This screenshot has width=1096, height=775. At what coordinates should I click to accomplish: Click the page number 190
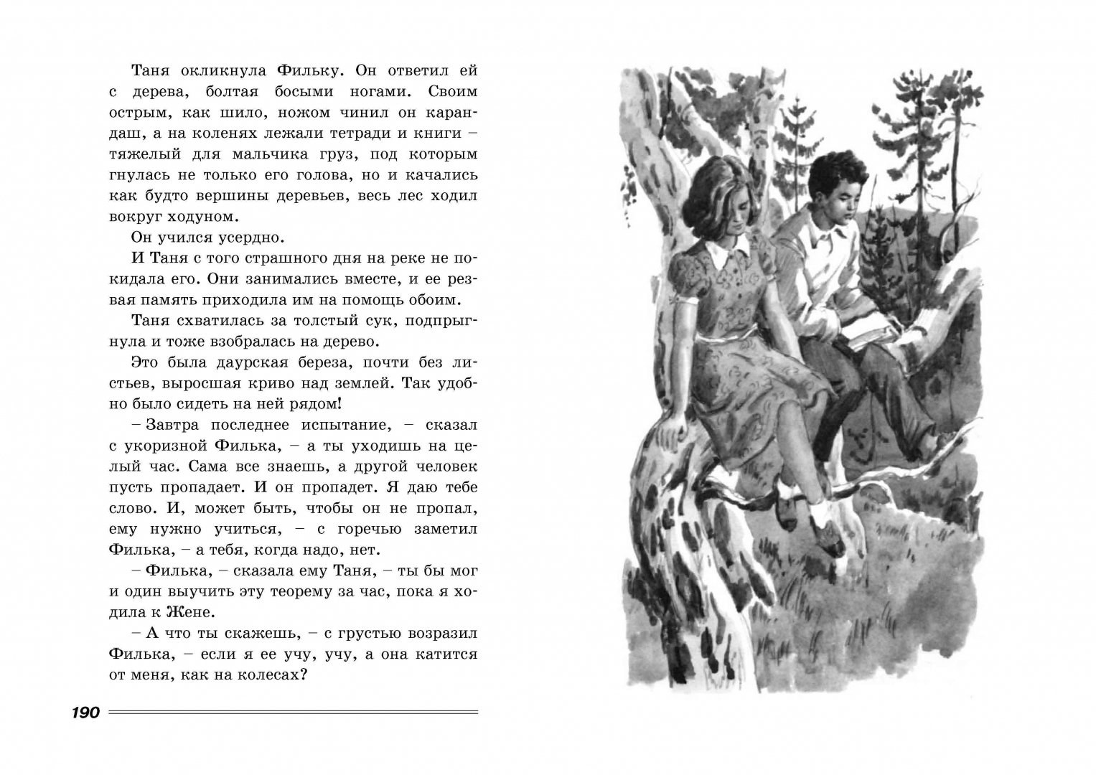point(87,713)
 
